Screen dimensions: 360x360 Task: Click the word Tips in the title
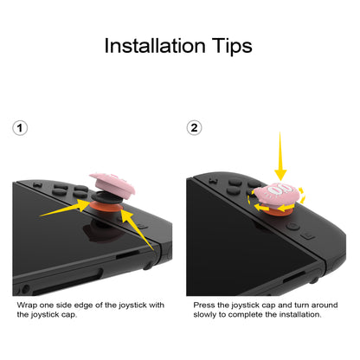pos(229,46)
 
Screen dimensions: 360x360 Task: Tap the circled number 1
pos(22,127)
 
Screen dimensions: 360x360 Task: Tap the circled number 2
pos(195,127)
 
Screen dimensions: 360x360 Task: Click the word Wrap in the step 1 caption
pos(27,305)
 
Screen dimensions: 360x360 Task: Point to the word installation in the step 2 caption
pos(300,315)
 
